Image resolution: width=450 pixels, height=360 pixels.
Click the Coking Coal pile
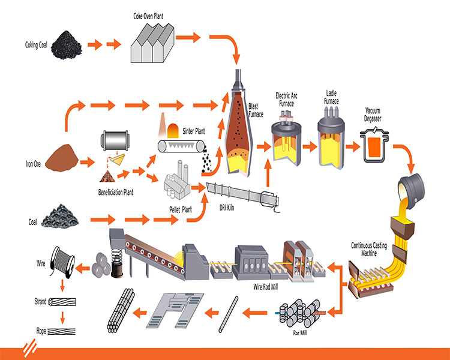(67, 46)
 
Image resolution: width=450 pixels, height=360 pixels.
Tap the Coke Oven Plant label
(148, 16)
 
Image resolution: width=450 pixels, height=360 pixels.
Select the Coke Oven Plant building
(152, 43)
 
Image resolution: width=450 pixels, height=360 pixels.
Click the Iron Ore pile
(62, 158)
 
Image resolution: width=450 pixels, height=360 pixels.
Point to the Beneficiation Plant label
(116, 192)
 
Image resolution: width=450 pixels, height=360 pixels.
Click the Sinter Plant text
(194, 131)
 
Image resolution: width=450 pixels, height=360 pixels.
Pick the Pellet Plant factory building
(177, 180)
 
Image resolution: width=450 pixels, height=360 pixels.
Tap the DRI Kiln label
(227, 208)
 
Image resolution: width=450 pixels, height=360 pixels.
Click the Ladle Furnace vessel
(331, 139)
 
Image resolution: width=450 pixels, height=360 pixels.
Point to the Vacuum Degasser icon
(374, 145)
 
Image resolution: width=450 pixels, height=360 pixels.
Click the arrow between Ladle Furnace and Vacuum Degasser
(353, 146)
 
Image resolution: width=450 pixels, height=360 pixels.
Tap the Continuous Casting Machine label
(369, 249)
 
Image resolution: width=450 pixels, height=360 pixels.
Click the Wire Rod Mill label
(266, 287)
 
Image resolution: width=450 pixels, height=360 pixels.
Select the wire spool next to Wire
(62, 262)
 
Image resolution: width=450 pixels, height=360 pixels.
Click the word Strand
(40, 301)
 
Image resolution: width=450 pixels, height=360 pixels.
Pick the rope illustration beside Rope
(61, 331)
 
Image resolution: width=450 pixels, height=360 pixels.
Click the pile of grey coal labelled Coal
(59, 217)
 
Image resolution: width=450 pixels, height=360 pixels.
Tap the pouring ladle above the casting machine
(410, 191)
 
